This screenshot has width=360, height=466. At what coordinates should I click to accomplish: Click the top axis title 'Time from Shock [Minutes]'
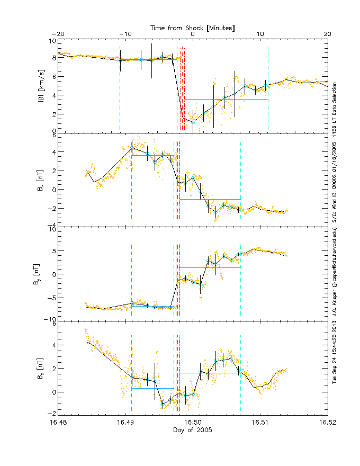pos(193,27)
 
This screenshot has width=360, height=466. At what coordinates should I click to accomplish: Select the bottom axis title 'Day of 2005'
pos(193,431)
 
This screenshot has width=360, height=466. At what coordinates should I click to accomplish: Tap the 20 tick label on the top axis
pos(328,34)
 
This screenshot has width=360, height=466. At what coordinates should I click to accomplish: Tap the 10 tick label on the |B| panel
pos(52,41)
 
